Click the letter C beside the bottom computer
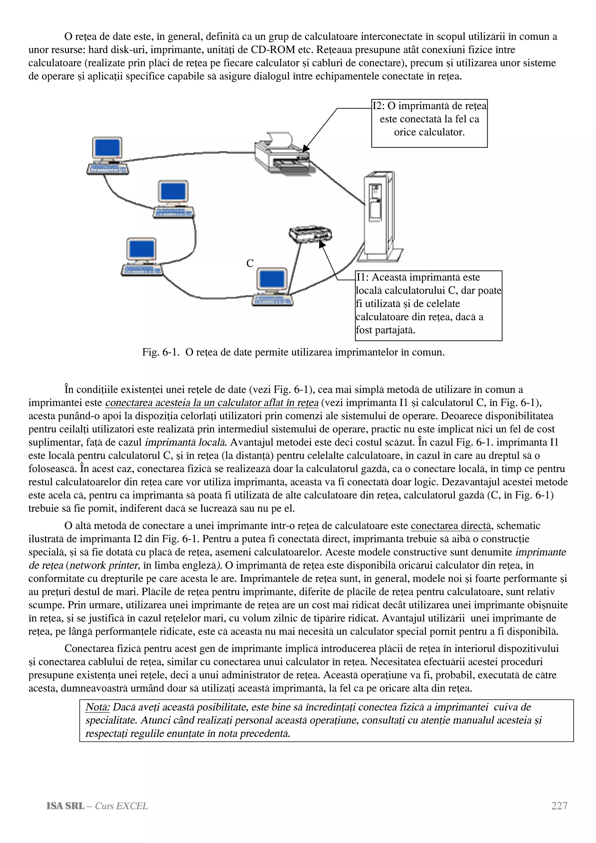click(250, 263)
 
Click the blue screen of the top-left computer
click(107, 148)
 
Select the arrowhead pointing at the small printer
click(322, 244)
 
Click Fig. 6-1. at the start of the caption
click(160, 352)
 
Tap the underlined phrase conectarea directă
click(450, 526)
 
